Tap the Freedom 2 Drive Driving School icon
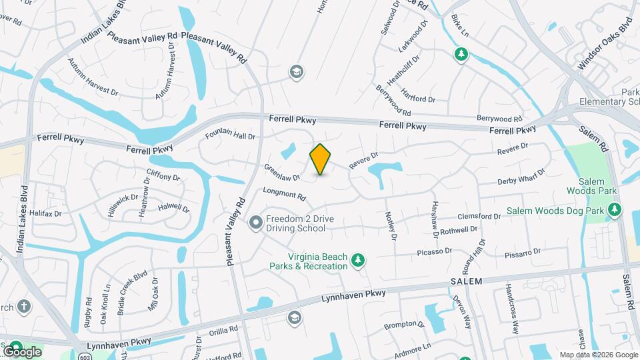pos(255,223)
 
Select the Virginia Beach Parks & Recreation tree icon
pos(359,260)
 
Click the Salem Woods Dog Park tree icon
pos(616,211)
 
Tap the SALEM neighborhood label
pos(465,282)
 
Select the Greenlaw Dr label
pos(281,173)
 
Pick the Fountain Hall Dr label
pos(230,134)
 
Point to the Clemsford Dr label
pos(479,217)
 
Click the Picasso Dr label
pos(435,251)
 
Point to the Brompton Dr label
pos(404,326)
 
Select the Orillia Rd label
pos(223,329)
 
